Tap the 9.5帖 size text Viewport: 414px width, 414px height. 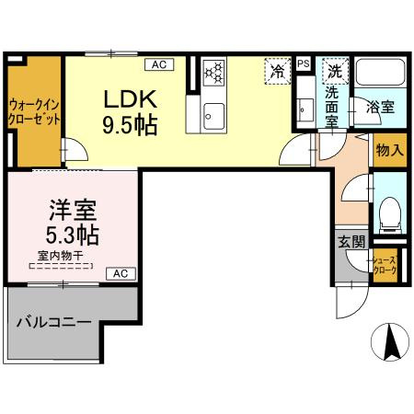(x=130, y=123)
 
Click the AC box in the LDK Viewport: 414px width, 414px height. (x=158, y=63)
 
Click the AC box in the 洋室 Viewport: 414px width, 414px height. (x=121, y=273)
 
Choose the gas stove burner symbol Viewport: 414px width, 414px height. (x=213, y=72)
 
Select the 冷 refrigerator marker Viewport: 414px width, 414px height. (x=276, y=70)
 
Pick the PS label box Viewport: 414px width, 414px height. (x=304, y=63)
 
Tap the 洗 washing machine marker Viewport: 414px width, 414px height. (x=336, y=70)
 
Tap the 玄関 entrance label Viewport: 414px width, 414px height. (x=350, y=242)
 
